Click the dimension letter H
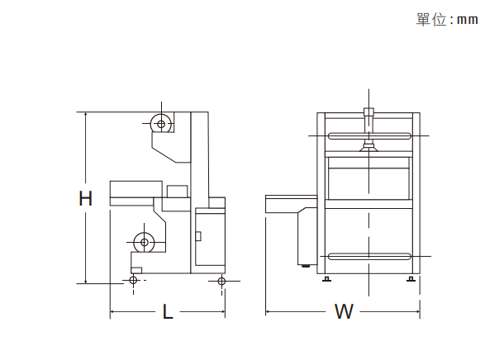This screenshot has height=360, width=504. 85,198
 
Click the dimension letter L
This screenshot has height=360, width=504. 168,311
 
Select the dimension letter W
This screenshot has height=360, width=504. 344,311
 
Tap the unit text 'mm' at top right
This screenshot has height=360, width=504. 468,20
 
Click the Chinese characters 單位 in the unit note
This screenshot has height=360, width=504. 431,20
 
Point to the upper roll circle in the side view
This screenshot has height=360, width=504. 161,124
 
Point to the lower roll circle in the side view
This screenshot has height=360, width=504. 145,242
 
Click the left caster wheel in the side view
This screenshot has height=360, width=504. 133,281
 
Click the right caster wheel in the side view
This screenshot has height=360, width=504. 221,281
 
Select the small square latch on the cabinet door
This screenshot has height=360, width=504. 198,236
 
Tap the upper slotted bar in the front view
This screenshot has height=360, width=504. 369,136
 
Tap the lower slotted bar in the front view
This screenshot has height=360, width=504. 369,256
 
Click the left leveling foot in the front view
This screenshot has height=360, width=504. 326,278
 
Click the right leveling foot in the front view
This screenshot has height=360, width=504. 411,278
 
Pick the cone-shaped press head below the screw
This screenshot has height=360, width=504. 368,148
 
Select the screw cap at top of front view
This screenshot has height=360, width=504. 368,112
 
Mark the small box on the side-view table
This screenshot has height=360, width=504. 177,191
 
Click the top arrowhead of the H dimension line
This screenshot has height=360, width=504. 85,114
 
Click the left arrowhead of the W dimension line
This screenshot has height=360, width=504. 268,311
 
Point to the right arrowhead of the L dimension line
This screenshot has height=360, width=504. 223,311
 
